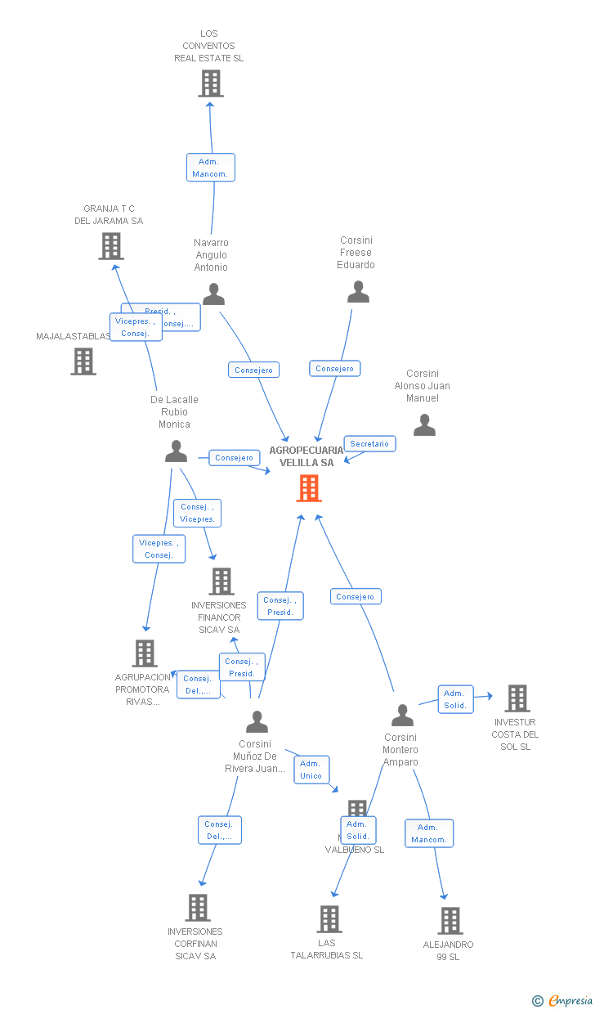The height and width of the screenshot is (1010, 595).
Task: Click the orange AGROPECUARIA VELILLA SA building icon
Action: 309,488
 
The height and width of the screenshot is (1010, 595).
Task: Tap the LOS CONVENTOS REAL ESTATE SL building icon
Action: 211,83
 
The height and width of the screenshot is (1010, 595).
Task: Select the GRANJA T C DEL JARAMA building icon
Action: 111,245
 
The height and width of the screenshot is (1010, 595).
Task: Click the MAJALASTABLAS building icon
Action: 83,361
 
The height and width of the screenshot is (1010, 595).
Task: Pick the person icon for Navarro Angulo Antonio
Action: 213,294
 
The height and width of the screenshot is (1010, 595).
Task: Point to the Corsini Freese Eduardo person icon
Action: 358,292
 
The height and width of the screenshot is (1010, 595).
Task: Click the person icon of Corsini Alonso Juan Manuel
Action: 424,425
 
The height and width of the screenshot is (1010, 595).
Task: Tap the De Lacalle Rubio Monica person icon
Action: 176,451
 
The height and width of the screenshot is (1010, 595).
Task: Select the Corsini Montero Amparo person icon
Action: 402,716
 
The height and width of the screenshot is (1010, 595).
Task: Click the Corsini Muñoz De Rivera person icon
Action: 257,722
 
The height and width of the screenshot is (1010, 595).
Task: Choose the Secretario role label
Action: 369,444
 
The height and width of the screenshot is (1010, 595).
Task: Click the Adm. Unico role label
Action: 311,770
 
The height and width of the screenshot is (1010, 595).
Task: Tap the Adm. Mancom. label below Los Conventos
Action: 210,168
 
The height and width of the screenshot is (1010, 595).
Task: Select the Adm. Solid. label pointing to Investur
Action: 455,699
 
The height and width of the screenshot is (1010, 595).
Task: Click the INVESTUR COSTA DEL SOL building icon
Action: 517,698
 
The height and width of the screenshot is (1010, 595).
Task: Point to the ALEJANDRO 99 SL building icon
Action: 450,921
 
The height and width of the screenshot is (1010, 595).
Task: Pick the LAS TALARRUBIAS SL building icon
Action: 329,919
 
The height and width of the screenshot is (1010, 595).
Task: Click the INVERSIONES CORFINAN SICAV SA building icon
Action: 198,908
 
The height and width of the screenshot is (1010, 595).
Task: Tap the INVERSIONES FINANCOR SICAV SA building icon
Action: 221,581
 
